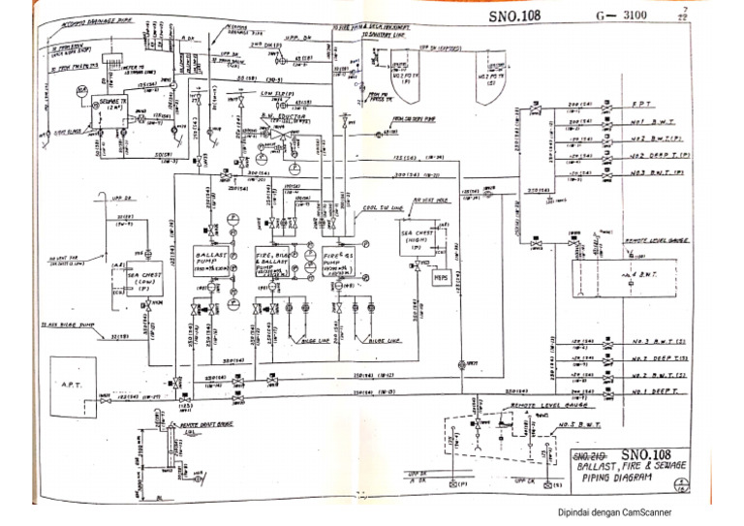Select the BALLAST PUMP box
pos(211,260)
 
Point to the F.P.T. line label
pos(642,103)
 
